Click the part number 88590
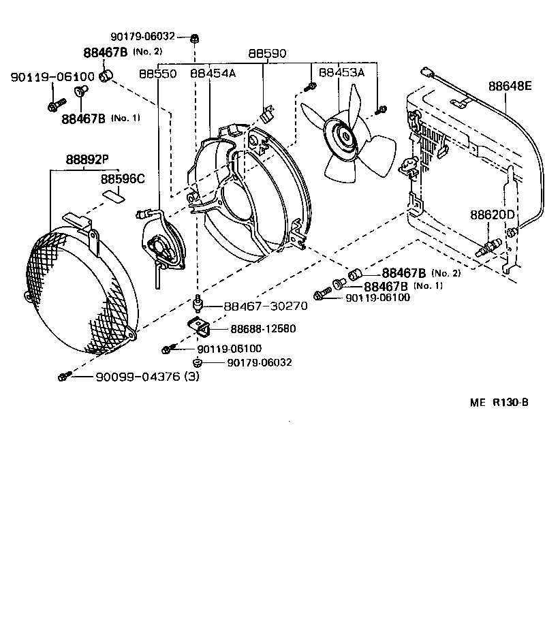(x=267, y=53)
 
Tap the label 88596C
(x=123, y=179)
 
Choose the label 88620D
(x=493, y=215)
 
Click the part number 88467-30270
(x=266, y=307)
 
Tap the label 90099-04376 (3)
(x=146, y=376)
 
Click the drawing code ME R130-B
(x=508, y=402)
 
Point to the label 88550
(x=158, y=73)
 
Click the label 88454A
(x=213, y=73)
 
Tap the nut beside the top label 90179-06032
(x=195, y=37)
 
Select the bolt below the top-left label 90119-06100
(x=53, y=106)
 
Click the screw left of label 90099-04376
(x=63, y=376)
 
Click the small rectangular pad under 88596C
(x=114, y=195)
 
